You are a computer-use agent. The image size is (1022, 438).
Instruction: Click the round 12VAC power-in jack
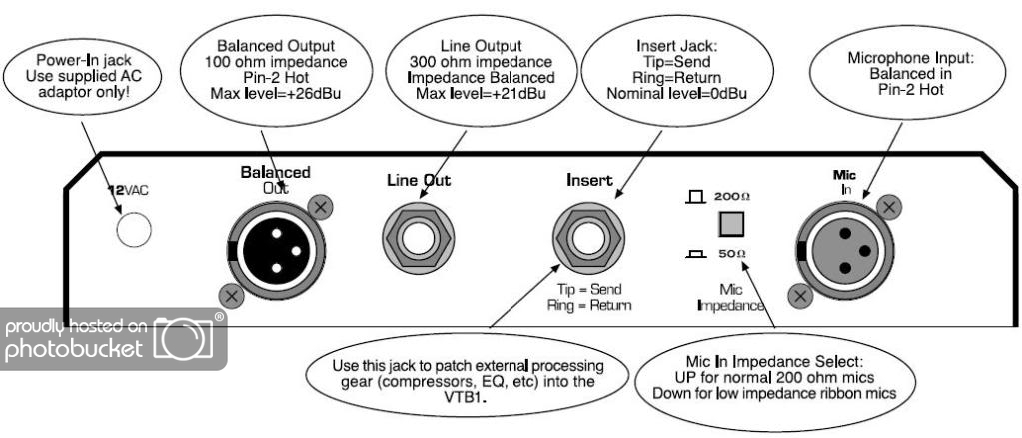click(133, 231)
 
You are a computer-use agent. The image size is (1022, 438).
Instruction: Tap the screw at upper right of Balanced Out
click(321, 207)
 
